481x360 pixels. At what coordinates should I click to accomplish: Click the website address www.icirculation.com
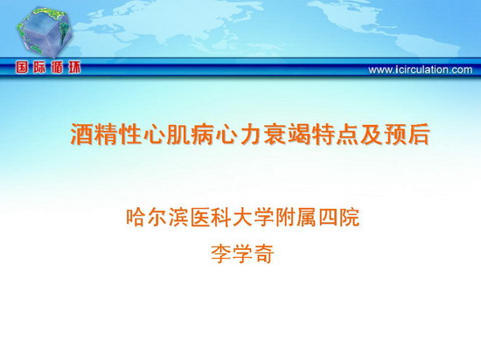421,70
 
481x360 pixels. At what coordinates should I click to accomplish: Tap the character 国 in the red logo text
22,67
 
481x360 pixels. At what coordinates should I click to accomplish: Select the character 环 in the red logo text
74,67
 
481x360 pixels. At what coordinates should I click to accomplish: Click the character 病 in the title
203,134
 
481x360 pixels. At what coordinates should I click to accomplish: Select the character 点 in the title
347,134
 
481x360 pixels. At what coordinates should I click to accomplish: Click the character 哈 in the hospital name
136,218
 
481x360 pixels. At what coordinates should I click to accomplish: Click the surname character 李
221,254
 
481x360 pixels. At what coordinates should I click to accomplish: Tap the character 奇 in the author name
264,254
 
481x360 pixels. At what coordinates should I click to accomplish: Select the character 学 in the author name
242,254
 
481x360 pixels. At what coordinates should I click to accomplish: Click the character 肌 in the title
178,134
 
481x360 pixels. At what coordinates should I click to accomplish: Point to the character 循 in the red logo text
57,67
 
